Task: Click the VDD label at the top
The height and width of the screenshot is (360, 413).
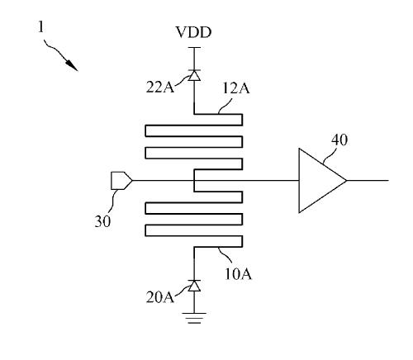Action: click(193, 32)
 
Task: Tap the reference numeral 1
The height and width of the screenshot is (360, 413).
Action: click(40, 27)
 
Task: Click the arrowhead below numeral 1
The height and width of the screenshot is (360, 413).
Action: click(72, 65)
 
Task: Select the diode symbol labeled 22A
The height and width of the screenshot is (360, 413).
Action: click(194, 75)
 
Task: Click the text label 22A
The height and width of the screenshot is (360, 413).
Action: click(160, 87)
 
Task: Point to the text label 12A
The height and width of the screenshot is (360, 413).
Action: click(236, 88)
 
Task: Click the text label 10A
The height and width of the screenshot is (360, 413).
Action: click(238, 274)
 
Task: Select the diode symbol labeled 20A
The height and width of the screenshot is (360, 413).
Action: click(194, 286)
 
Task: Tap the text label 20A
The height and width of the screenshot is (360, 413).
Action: click(159, 297)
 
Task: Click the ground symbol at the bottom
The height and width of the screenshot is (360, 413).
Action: click(194, 318)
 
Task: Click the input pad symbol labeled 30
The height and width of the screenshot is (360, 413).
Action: click(121, 181)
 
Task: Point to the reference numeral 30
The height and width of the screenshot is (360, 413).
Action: click(102, 221)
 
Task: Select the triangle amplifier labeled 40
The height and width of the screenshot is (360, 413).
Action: click(322, 181)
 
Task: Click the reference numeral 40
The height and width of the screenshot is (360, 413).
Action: click(339, 140)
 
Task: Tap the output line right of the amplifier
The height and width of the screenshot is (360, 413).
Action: click(368, 181)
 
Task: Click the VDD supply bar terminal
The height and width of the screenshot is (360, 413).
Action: click(194, 48)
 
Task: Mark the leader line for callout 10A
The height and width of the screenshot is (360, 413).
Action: click(225, 255)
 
